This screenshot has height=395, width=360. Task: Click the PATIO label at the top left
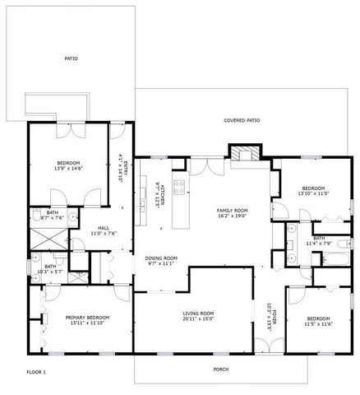click(72, 58)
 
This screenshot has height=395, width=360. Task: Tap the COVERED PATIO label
click(242, 121)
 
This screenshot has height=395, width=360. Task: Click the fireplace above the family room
click(244, 153)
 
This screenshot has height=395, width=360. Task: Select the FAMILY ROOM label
click(232, 210)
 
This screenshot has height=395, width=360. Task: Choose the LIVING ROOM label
click(197, 313)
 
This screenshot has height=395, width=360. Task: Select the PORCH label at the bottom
click(220, 369)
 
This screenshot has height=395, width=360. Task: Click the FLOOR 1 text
click(36, 373)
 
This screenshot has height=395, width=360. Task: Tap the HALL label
click(104, 228)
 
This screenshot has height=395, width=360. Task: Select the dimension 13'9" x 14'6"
click(68, 168)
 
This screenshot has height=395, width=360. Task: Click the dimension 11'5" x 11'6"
click(318, 323)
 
